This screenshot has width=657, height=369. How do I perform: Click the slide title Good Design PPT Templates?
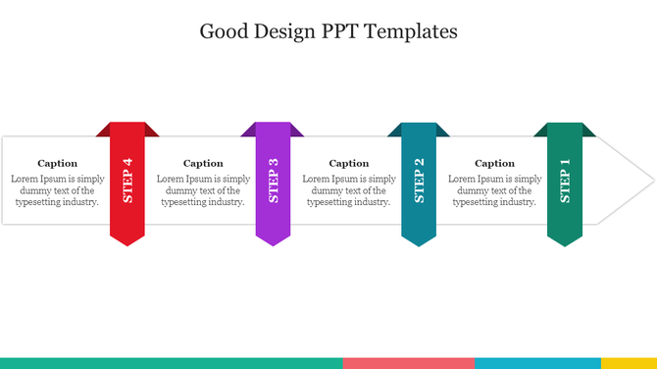328,31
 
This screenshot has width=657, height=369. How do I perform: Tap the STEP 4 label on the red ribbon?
127,181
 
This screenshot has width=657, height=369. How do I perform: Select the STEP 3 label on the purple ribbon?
274,181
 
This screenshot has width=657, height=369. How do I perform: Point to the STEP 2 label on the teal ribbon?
419,181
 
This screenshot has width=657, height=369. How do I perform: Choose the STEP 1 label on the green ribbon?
565,181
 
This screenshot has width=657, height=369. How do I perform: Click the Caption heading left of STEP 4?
57,163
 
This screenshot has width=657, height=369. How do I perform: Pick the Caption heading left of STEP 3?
203,163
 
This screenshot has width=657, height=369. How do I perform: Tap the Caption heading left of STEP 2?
349,163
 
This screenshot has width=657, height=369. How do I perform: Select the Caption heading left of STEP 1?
494,163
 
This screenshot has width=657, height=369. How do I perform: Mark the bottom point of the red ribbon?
127,243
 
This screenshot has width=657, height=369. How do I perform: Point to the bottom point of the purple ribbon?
274,243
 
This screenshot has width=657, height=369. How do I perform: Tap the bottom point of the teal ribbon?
419,243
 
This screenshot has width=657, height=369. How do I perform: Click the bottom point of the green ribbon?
565,243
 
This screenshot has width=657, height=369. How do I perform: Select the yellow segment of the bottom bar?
629,363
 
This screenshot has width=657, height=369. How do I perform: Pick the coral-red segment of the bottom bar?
408,363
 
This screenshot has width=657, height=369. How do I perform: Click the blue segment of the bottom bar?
537,363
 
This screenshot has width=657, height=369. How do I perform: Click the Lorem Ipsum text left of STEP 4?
57,190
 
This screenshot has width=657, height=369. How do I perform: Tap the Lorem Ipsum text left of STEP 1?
494,190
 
